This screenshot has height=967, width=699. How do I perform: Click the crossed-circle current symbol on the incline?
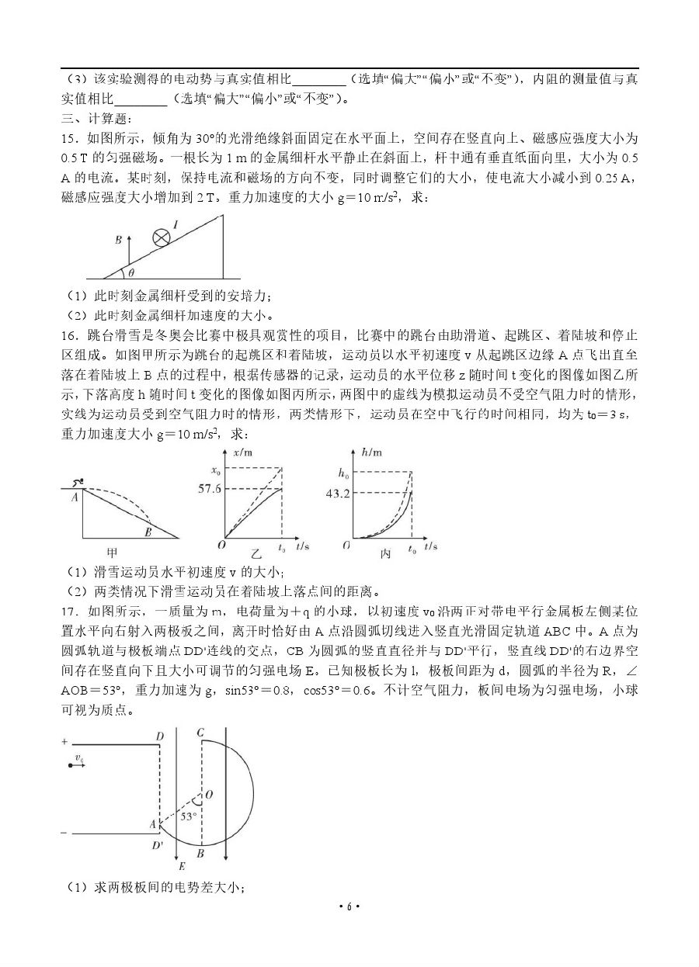[x=161, y=237]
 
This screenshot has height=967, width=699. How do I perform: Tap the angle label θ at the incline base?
[x=130, y=272]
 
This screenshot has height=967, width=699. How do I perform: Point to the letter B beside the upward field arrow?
[x=118, y=241]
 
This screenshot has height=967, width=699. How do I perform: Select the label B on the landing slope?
[x=147, y=532]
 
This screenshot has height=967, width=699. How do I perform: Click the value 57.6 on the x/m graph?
[x=210, y=489]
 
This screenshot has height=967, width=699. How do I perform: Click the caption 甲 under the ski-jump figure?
[x=112, y=553]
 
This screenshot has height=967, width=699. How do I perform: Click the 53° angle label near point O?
[x=188, y=816]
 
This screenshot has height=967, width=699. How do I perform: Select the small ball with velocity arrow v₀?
[x=71, y=765]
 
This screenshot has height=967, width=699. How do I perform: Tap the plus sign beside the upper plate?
[x=64, y=741]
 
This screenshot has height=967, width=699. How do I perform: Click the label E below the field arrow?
[x=182, y=865]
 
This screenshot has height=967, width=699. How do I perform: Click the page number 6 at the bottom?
[x=349, y=906]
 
